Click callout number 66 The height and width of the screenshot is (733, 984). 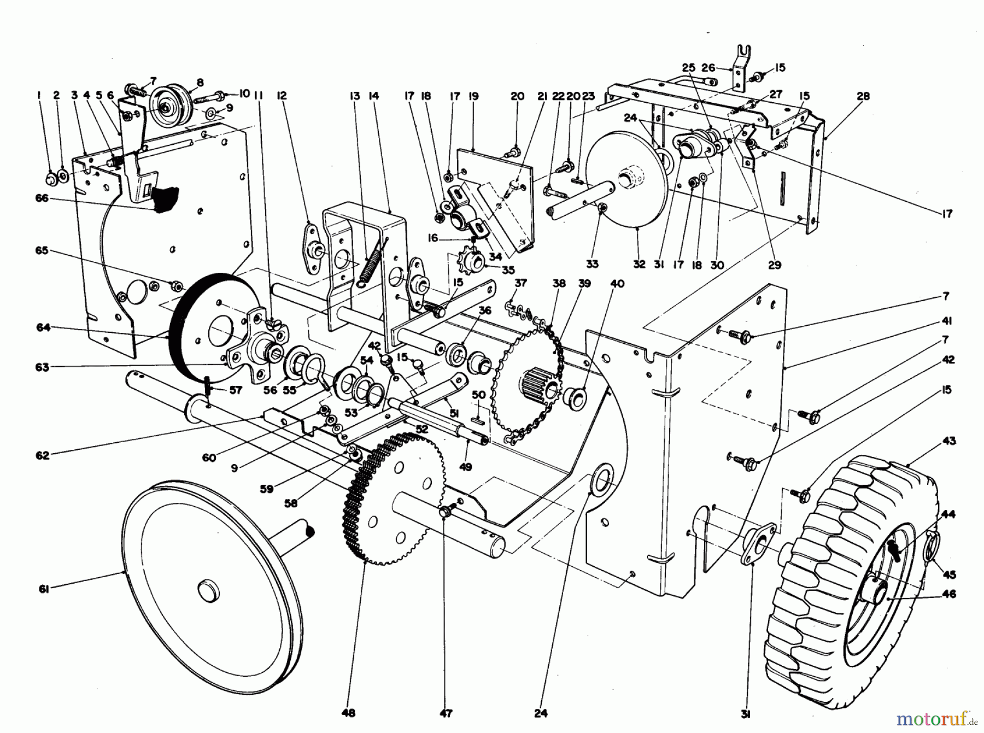pyautogui.click(x=42, y=198)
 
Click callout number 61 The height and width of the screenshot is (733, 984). pyautogui.click(x=44, y=589)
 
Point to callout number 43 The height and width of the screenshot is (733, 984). pyautogui.click(x=950, y=441)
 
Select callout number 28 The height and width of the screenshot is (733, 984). pyautogui.click(x=863, y=96)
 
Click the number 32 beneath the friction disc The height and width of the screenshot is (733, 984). pyautogui.click(x=639, y=265)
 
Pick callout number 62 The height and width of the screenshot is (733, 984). pyautogui.click(x=43, y=455)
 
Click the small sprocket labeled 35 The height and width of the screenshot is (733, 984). pyautogui.click(x=468, y=263)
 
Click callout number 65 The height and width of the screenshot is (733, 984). pyautogui.click(x=42, y=250)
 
